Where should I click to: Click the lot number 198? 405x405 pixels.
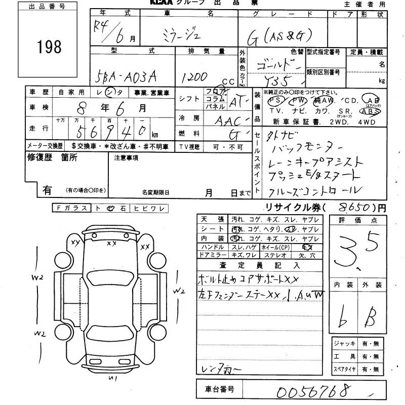tap(49, 47)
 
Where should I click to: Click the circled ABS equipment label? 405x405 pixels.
tap(369, 111)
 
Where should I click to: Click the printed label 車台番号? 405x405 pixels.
tap(219, 390)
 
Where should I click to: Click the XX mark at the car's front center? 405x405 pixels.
tap(112, 244)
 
